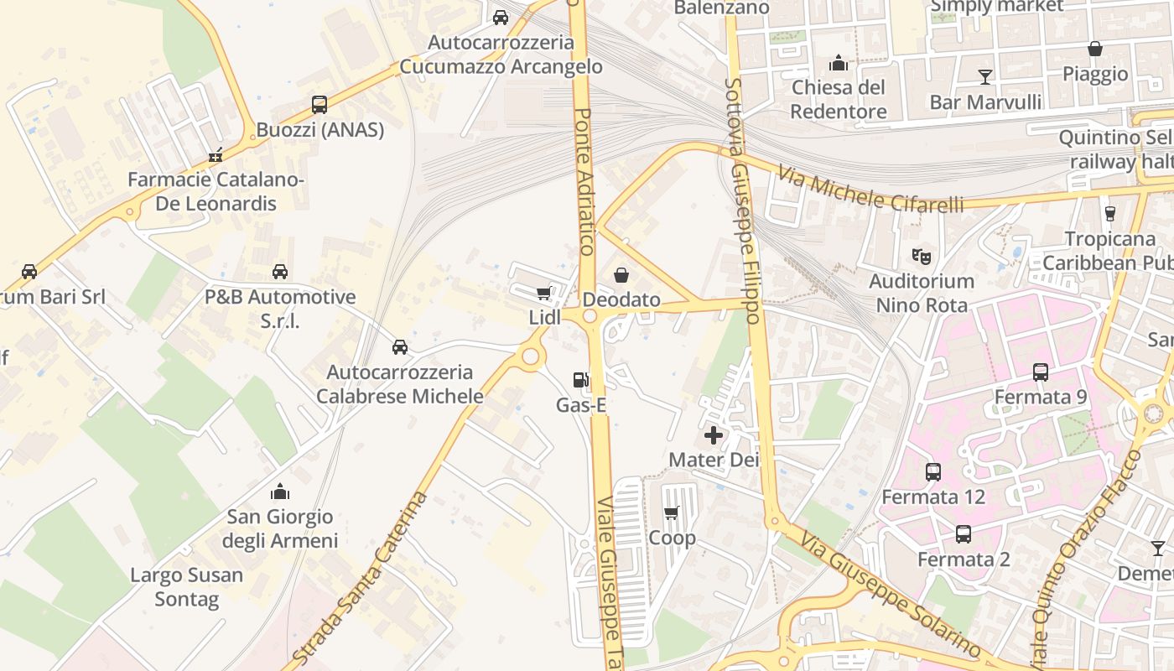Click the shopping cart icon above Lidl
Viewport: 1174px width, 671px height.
543,293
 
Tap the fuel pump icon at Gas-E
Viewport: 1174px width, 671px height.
580,380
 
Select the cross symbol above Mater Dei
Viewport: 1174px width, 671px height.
714,435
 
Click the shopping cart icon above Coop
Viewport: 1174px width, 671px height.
671,512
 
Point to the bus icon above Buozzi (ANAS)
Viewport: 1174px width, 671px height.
319,105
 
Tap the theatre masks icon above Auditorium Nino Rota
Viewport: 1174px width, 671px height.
922,256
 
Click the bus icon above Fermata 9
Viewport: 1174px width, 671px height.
1041,372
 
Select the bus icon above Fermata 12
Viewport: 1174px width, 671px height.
933,472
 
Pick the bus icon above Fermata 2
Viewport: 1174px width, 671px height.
964,534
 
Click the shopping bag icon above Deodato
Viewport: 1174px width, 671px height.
621,274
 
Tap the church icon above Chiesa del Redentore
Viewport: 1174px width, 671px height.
838,63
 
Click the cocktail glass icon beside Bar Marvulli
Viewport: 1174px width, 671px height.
985,77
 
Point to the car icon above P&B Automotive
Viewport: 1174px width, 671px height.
280,272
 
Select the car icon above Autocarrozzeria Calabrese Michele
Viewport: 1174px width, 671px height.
400,347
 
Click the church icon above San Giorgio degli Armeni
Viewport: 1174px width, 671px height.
280,492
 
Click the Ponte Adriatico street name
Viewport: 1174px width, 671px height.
584,180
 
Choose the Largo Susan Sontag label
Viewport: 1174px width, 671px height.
187,587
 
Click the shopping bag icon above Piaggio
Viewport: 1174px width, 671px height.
1095,49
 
